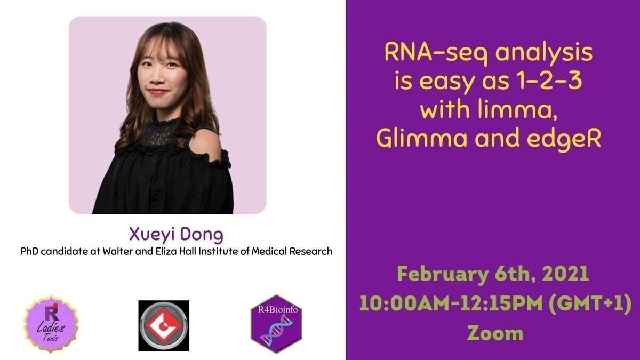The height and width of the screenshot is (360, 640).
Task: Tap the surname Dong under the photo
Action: [x=202, y=234]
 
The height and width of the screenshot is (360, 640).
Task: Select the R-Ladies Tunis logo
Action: [x=51, y=324]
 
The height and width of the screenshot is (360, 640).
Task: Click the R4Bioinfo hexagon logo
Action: [x=276, y=324]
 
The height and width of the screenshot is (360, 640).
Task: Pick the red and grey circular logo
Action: [x=164, y=325]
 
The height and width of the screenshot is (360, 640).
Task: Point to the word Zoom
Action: [x=495, y=333]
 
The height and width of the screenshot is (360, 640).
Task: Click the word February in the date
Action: [x=443, y=274]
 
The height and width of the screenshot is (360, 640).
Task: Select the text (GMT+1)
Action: [x=590, y=303]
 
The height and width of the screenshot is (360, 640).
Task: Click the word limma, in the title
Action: [x=518, y=110]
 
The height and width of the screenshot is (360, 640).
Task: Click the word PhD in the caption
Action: [x=30, y=251]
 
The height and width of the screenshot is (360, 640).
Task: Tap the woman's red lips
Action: [x=157, y=92]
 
